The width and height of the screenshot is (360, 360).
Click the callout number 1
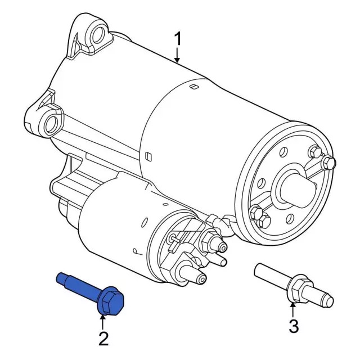coord(178,40)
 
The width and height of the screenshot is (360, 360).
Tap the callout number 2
coord(103,338)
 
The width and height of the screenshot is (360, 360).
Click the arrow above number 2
coord(103,321)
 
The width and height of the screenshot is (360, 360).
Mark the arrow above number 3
coord(292,308)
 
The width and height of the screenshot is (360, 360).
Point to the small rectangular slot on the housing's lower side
coord(147,156)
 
